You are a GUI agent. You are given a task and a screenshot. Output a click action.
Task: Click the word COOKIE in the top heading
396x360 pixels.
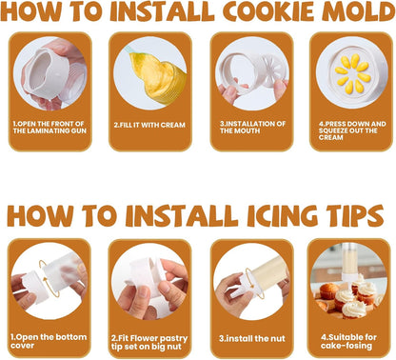pos(268,11)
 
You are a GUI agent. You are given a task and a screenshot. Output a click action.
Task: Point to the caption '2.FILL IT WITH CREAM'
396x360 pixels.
pos(149,125)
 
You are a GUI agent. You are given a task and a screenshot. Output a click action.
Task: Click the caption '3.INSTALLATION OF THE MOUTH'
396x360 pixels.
pos(252,128)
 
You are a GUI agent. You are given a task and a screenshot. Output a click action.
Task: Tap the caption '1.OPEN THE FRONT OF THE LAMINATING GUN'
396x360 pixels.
pos(49,128)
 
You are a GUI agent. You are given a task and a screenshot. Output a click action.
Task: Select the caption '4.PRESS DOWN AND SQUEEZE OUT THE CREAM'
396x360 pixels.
pos(352,130)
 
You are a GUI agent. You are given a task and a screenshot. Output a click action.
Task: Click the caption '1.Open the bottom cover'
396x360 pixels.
pos(49,341)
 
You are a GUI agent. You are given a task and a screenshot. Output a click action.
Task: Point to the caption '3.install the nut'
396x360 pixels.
pos(252,339)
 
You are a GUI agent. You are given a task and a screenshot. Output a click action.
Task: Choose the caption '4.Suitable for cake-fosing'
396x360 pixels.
pos(348,341)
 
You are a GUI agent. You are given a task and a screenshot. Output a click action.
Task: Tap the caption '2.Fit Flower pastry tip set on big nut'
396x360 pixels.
pos(149,342)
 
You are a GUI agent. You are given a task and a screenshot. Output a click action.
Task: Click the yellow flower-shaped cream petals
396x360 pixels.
pos(352,73)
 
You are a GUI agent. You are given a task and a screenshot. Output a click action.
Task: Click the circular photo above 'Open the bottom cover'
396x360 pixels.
pos(49,281)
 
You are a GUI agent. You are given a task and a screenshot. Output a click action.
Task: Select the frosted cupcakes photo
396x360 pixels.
pos(348,281)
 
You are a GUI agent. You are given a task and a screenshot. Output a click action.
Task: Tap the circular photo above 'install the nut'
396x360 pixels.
pos(251,281)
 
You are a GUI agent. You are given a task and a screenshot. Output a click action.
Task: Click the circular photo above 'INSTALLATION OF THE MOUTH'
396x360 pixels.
pos(252,73)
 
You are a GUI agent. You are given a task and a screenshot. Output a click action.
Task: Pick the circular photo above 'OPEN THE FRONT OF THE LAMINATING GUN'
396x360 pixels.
pos(49,73)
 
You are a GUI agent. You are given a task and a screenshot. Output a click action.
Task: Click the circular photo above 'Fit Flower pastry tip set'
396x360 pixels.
pos(149,281)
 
